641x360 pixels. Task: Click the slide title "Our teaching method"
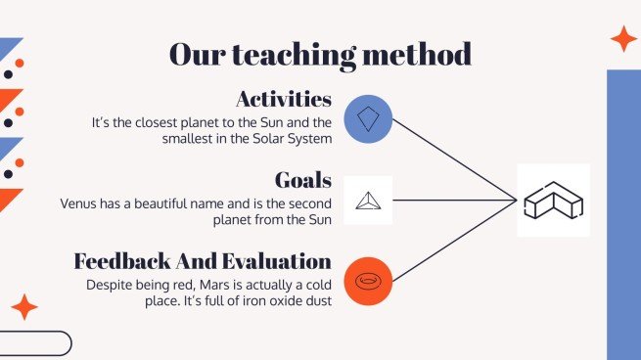[320, 54]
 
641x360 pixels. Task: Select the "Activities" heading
[284, 99]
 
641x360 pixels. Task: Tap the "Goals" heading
[302, 181]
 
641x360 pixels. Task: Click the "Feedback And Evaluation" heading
[203, 262]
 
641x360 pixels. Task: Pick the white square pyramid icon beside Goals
[368, 201]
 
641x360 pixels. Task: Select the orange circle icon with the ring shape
[368, 282]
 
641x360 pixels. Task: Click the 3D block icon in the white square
[553, 201]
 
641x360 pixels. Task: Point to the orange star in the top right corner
[622, 39]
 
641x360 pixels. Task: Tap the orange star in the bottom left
[23, 307]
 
